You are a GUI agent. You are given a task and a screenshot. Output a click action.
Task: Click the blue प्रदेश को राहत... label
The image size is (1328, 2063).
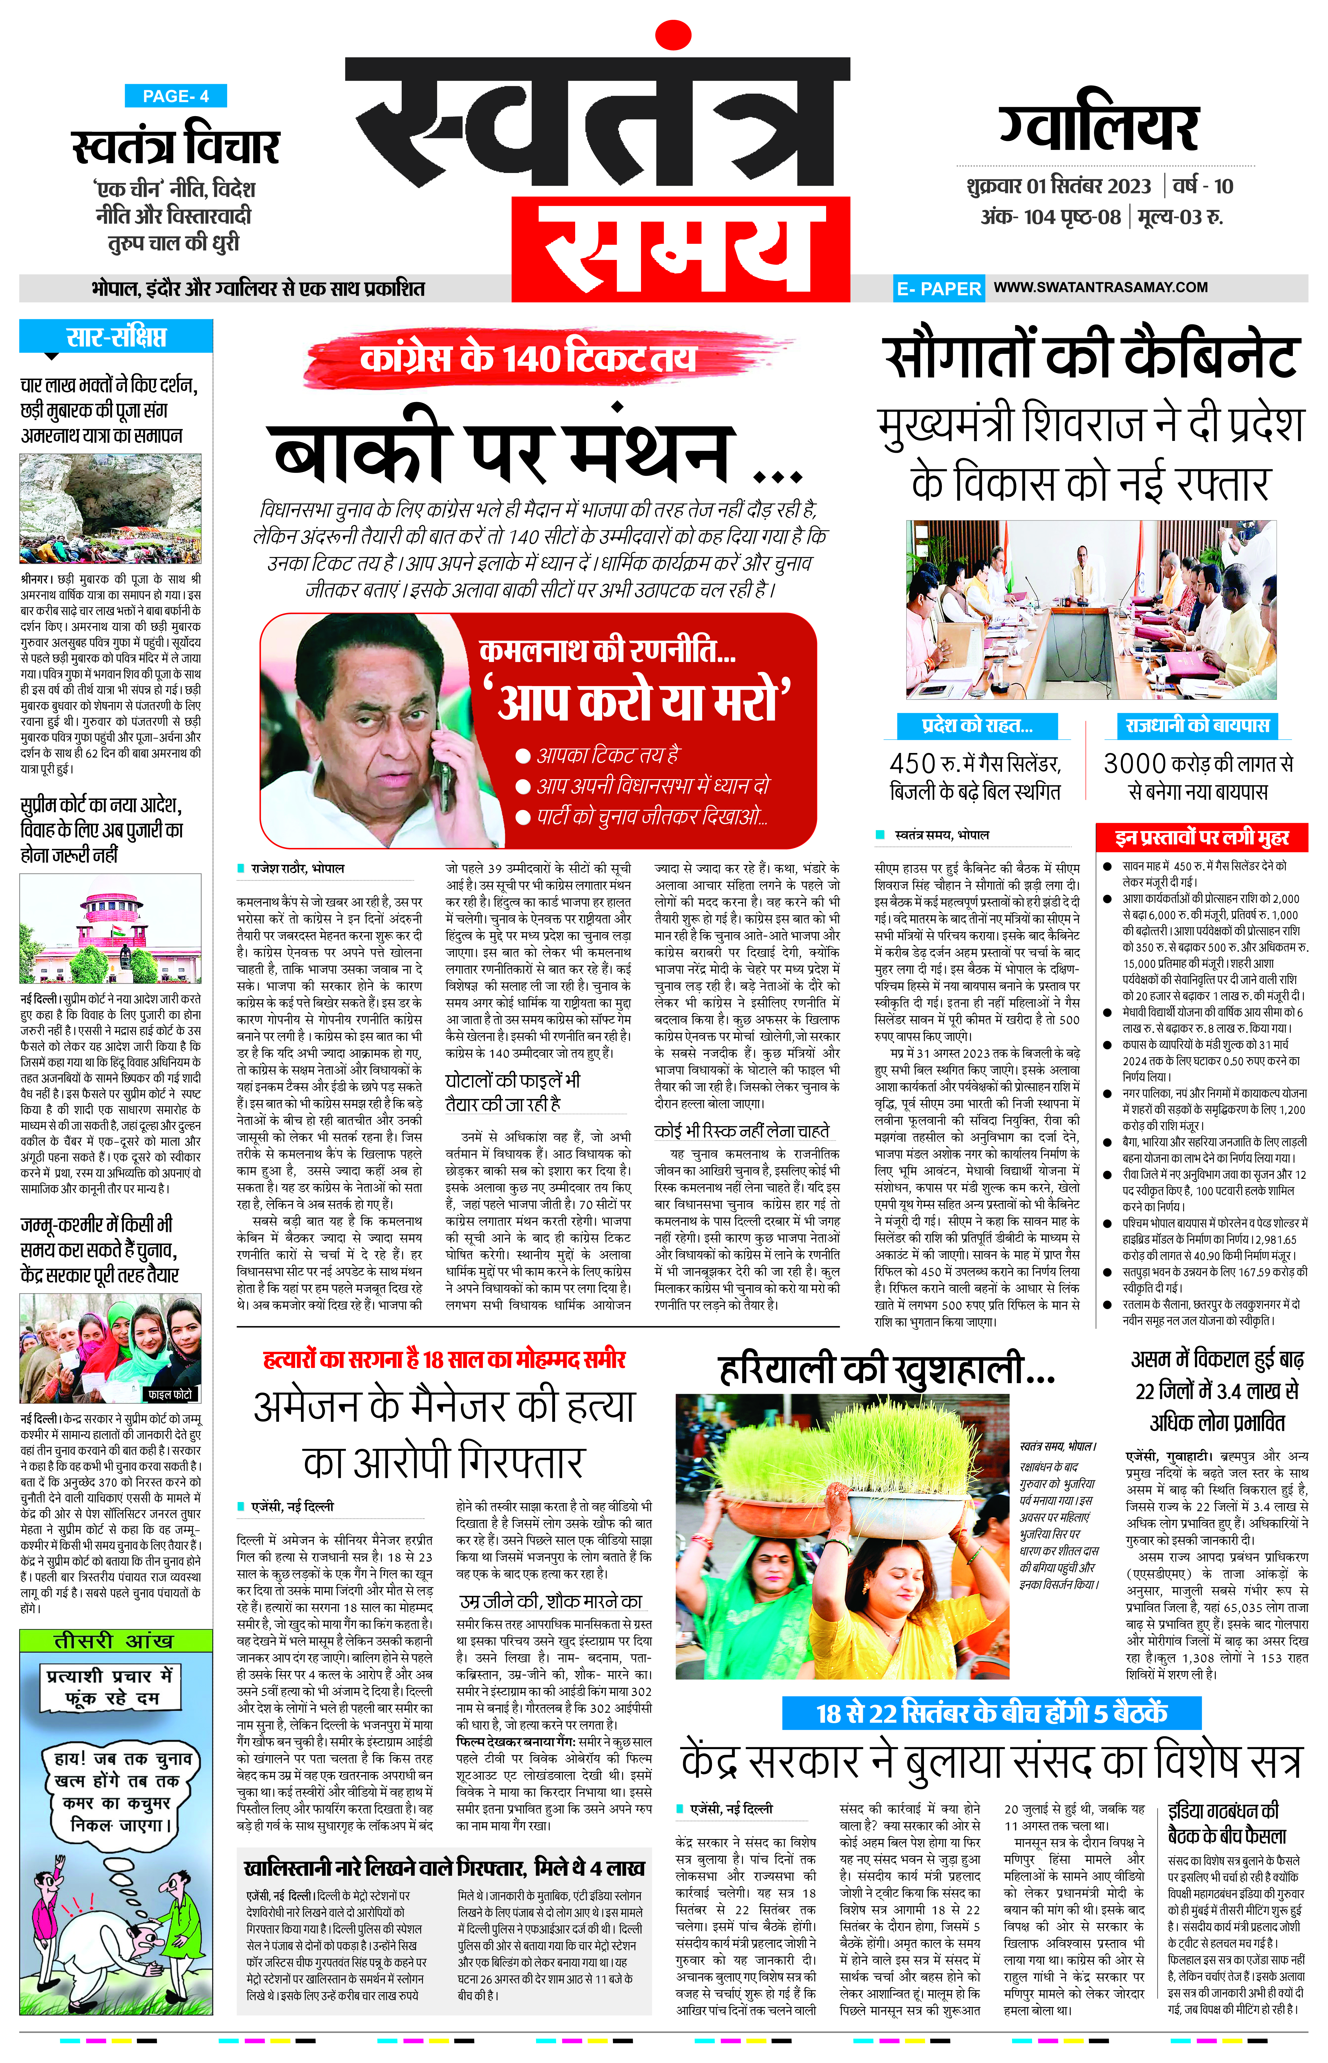tap(977, 725)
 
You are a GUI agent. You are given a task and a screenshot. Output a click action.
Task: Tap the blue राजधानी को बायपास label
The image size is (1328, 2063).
tap(1197, 725)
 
